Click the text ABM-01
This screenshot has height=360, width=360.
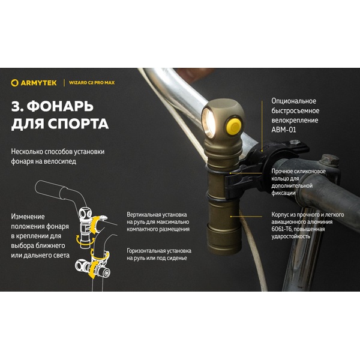pos(283,130)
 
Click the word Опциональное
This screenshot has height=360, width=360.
pos(293,101)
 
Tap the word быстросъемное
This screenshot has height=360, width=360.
pos(296,110)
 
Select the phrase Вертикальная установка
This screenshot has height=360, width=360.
pos(157,214)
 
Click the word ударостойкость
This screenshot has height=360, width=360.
pos(292,236)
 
